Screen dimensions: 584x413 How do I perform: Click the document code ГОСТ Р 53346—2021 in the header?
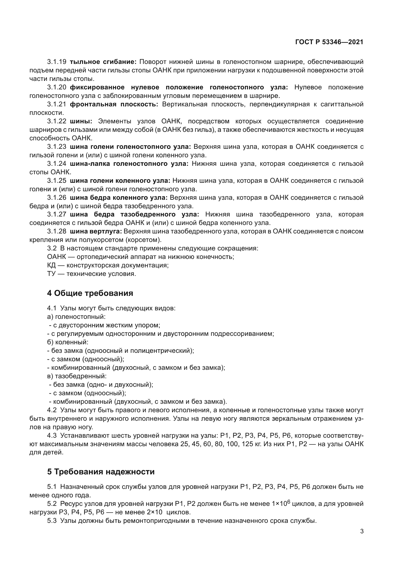coord(329,42)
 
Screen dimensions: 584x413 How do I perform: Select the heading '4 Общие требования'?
coord(90,293)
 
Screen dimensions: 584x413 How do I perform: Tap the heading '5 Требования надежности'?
coord(101,472)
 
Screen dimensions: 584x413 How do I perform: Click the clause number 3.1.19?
coord(56,62)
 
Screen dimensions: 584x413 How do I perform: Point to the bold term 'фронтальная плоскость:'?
coord(114,104)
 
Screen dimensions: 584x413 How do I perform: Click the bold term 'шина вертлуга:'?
coord(96,231)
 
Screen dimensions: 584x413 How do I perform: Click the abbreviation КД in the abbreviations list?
coord(51,266)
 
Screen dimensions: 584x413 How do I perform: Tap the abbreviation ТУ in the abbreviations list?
coord(51,274)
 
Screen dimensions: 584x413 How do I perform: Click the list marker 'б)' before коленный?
coord(50,342)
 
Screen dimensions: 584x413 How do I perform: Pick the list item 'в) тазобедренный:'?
coord(77,376)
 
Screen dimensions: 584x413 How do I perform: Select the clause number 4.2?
coord(52,410)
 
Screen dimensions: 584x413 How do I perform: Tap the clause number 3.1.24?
coord(56,164)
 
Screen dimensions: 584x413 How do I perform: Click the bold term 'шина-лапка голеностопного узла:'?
coord(129,164)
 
